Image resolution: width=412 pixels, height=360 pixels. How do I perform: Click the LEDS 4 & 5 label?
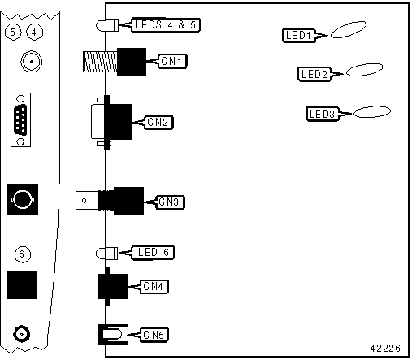[166, 25]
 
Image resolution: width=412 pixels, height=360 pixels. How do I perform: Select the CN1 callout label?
[172, 61]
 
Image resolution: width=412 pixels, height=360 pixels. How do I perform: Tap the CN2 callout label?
[158, 123]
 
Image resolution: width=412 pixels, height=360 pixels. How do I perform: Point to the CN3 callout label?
[170, 202]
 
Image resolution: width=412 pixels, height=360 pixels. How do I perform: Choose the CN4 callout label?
[154, 287]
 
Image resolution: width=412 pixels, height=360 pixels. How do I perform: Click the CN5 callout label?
[154, 335]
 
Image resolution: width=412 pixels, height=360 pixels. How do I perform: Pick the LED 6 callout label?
[153, 253]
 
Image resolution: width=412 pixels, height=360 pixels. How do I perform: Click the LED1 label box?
[299, 36]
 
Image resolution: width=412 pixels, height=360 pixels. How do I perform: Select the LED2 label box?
[314, 74]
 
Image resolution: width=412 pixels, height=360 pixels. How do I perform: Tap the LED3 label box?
[323, 114]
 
